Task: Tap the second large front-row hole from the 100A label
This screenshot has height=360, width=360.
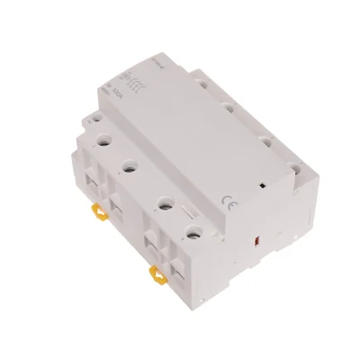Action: tap(130, 166)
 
